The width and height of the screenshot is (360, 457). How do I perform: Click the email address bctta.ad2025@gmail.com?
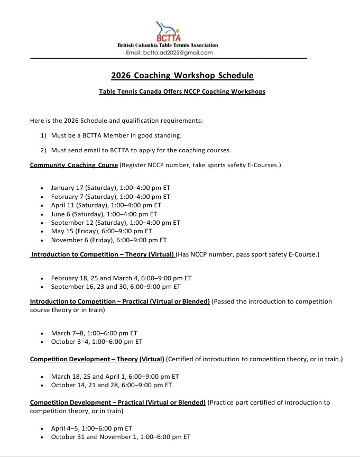point(169,53)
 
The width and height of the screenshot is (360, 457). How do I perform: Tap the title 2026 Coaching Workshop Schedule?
point(182,76)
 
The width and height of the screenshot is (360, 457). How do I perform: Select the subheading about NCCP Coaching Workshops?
point(182,92)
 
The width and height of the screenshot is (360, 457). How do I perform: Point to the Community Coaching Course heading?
point(74,165)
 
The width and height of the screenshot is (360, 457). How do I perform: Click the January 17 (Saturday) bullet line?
point(110,188)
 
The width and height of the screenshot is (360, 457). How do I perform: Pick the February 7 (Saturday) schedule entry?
point(110,196)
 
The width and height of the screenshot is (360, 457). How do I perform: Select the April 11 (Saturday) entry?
point(106,205)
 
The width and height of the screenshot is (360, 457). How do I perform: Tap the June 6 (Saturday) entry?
point(104,214)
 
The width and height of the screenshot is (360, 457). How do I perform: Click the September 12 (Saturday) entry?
point(115,223)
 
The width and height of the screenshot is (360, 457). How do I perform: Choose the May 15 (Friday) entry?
point(101,231)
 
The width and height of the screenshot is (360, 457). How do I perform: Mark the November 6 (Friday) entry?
point(108,240)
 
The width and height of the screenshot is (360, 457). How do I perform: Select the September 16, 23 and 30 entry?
point(116,287)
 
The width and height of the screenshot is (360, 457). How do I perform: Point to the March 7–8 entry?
point(94,333)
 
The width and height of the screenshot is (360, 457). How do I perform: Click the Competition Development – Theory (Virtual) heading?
point(97,360)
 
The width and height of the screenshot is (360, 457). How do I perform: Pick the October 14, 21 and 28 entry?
point(111,385)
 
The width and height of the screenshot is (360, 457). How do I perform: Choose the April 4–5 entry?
point(91,428)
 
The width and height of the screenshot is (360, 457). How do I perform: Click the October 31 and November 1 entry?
point(121,437)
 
